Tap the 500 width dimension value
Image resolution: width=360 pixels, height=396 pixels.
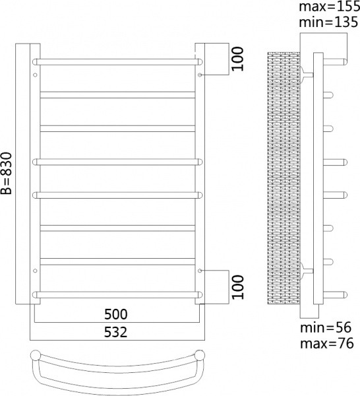pos(115,313)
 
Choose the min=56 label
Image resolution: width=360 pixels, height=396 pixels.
pos(326,328)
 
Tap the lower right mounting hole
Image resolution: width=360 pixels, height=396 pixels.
pos(199,271)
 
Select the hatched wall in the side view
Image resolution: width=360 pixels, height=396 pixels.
pos(284,178)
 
